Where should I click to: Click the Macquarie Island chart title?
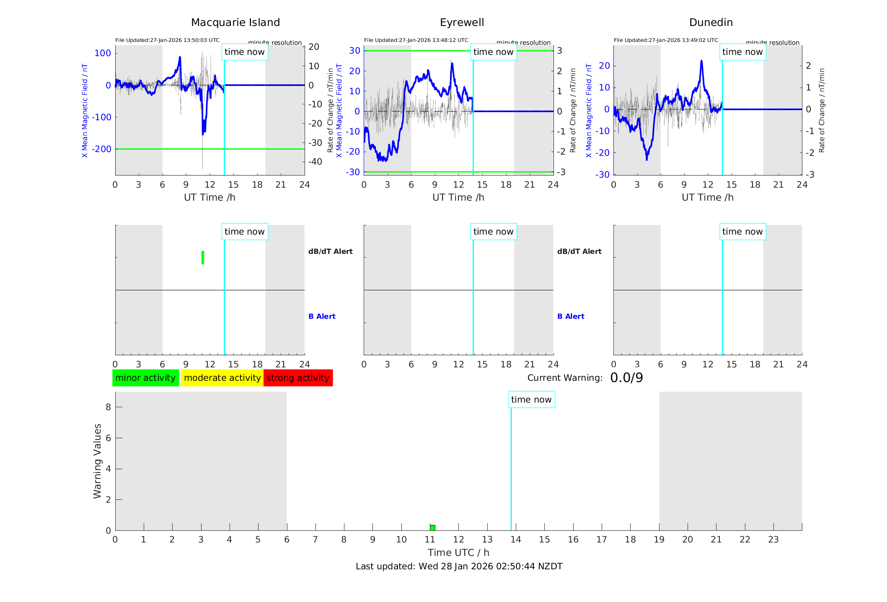pyautogui.click(x=235, y=23)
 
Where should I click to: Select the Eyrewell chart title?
pyautogui.click(x=462, y=23)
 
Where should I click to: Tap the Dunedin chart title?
pyautogui.click(x=711, y=23)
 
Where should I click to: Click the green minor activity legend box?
pyautogui.click(x=145, y=378)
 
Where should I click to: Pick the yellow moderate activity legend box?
pyautogui.click(x=222, y=378)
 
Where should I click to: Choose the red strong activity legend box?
pyautogui.click(x=298, y=378)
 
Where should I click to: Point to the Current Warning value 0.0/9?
pyautogui.click(x=626, y=378)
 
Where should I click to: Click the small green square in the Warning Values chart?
pyautogui.click(x=432, y=527)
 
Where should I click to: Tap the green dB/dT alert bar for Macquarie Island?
pyautogui.click(x=203, y=258)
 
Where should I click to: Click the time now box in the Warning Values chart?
pyautogui.click(x=531, y=400)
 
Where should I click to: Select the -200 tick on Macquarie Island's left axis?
pyautogui.click(x=102, y=149)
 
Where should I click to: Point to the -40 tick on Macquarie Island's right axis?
pyautogui.click(x=315, y=162)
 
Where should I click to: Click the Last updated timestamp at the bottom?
pyautogui.click(x=459, y=566)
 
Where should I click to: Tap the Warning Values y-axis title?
pyautogui.click(x=97, y=461)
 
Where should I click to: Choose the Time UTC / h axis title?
pyautogui.click(x=458, y=553)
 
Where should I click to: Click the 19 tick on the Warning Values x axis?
pyautogui.click(x=659, y=540)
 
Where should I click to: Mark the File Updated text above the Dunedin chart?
pyautogui.click(x=666, y=40)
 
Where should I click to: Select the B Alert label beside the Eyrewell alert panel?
pyautogui.click(x=571, y=316)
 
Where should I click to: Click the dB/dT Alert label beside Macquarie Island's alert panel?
pyautogui.click(x=330, y=251)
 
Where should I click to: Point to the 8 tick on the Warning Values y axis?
pyautogui.click(x=108, y=407)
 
